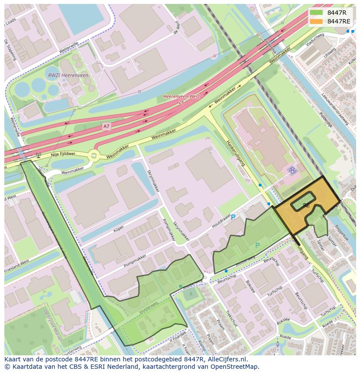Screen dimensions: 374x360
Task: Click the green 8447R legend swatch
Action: (317, 13)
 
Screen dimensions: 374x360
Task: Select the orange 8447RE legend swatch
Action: (317, 21)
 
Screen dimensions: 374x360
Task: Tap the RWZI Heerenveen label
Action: (67, 75)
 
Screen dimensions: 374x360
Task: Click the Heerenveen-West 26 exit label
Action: (181, 99)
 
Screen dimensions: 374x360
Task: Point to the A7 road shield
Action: (106, 126)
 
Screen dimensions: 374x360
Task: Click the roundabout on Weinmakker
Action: (93, 156)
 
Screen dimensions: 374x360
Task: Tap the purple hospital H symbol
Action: (293, 171)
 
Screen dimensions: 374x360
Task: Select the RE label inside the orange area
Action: (306, 205)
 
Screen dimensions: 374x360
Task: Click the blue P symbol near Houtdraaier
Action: (233, 217)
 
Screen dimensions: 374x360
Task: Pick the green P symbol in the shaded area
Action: (257, 245)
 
